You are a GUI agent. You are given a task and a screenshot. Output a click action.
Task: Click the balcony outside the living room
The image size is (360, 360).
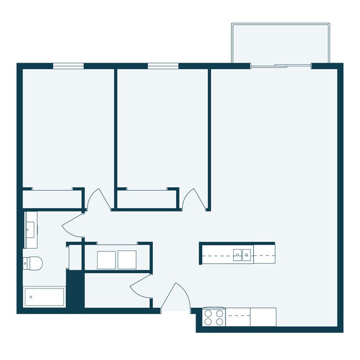[280, 44]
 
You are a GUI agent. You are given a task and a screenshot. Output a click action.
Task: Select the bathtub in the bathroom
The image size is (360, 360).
[44, 297]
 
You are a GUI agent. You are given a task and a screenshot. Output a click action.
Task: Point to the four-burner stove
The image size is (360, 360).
[214, 317]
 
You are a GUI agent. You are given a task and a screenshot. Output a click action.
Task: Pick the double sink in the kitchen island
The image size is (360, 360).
[242, 255]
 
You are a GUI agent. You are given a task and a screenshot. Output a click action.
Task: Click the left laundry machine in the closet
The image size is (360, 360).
[106, 260]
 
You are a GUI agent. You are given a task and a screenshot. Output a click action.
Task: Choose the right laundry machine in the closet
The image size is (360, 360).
[127, 260]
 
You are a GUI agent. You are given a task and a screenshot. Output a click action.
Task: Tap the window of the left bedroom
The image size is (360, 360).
[68, 66]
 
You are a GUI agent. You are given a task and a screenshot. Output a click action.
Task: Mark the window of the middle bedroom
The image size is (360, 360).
[163, 66]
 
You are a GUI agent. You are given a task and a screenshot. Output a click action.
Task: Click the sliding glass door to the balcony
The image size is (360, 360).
[281, 66]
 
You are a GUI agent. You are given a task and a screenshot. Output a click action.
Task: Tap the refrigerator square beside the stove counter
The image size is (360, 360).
[263, 317]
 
